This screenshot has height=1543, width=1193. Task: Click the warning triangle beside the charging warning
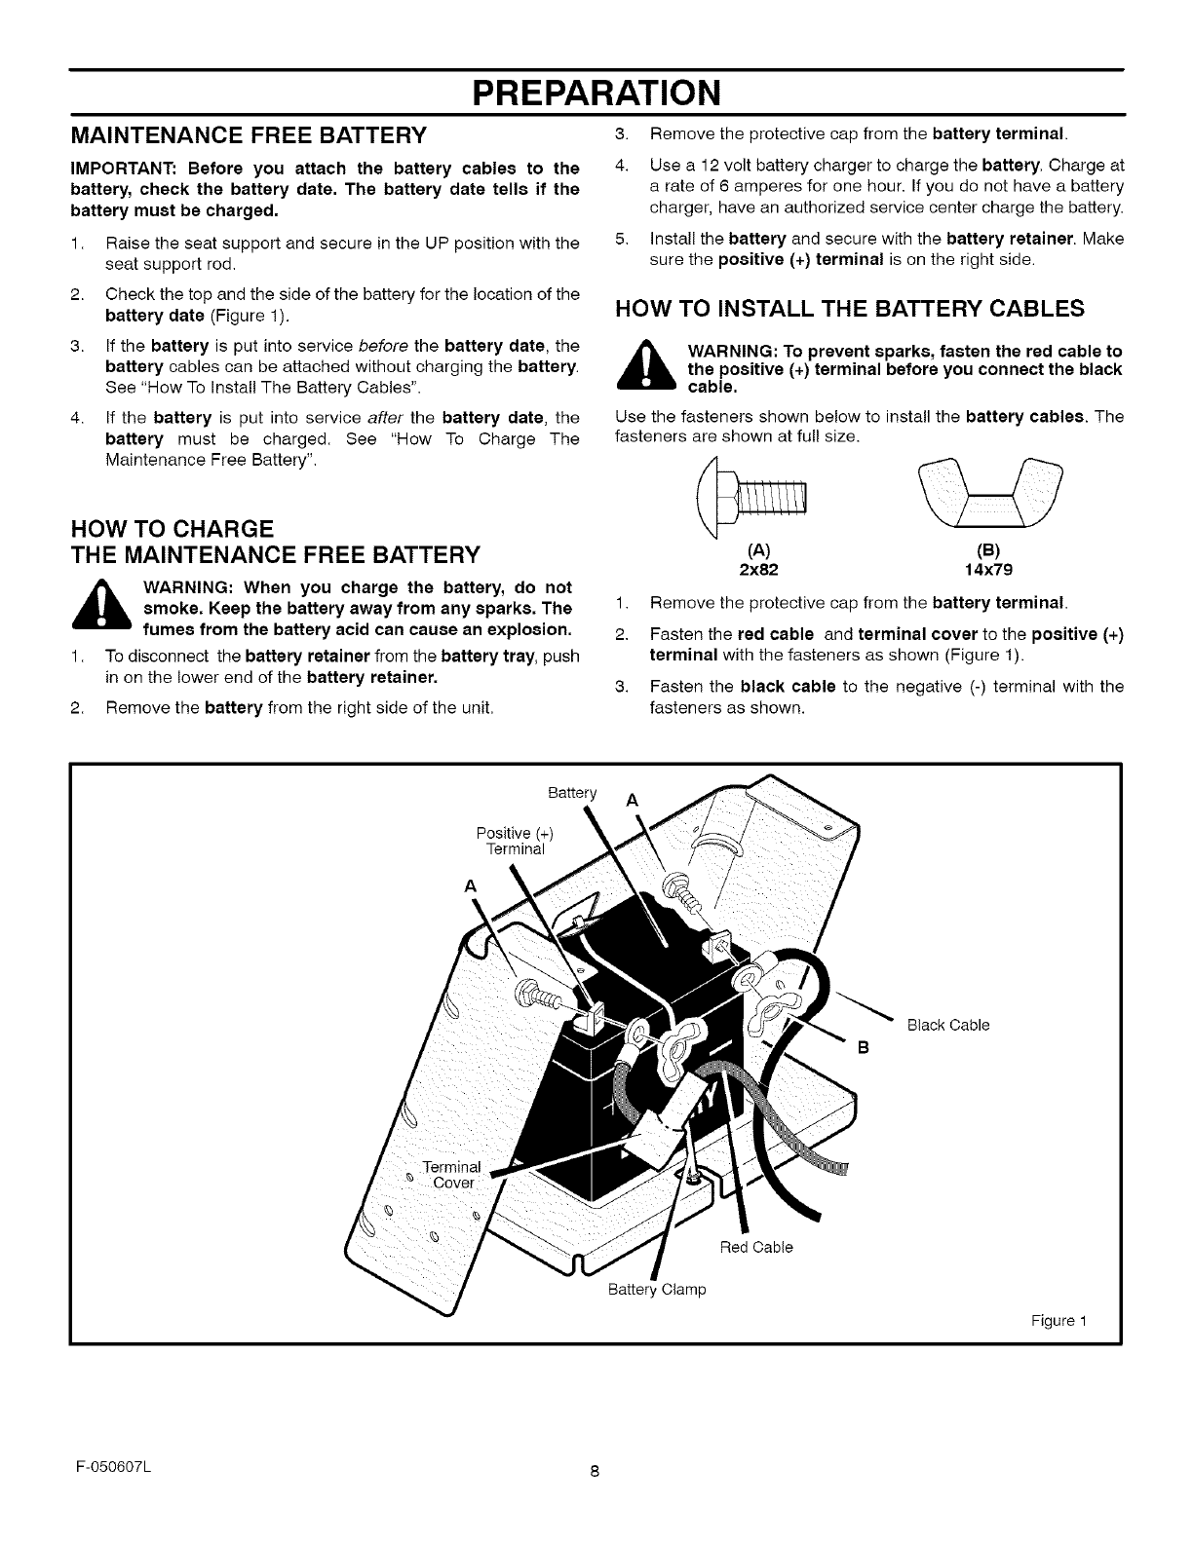click(100, 608)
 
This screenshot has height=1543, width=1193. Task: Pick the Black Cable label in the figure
click(947, 1025)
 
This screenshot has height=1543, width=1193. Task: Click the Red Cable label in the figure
click(755, 1247)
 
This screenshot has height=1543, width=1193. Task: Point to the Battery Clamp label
click(656, 1290)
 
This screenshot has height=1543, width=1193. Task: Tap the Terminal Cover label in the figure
click(452, 1175)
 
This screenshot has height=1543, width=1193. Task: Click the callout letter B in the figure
click(862, 1048)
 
